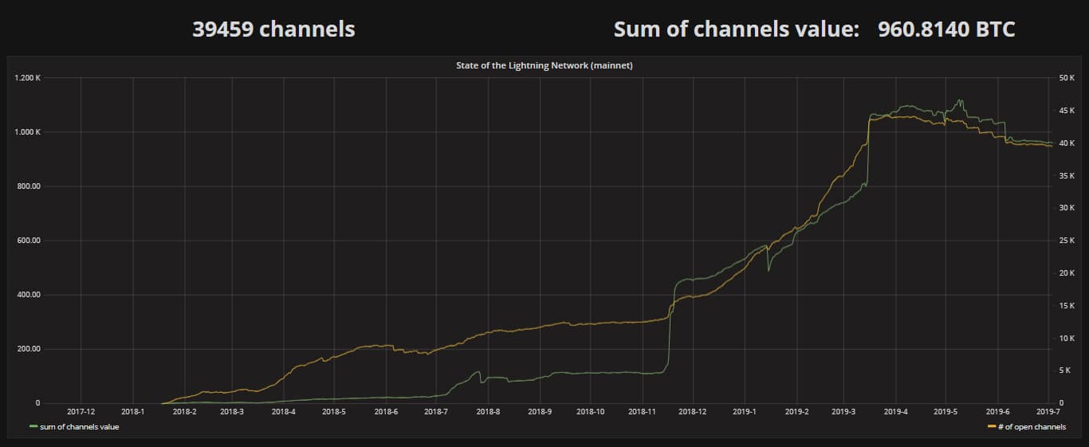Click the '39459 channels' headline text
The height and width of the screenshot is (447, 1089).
click(x=273, y=29)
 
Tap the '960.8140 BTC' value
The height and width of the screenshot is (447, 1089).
click(x=946, y=29)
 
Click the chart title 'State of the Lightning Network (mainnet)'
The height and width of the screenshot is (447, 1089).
click(x=544, y=65)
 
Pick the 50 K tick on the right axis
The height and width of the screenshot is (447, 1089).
click(x=1067, y=78)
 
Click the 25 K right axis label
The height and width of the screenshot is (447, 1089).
click(x=1067, y=241)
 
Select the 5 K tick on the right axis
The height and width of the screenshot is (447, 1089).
click(x=1065, y=371)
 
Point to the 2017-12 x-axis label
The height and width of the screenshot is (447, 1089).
click(x=81, y=412)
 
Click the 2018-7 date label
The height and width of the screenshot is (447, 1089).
click(x=436, y=412)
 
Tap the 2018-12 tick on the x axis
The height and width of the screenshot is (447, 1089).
click(x=692, y=412)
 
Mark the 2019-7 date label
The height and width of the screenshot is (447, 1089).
click(x=1048, y=412)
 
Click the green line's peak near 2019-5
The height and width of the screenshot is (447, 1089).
click(x=960, y=100)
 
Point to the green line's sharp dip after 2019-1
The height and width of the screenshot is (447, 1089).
click(x=769, y=270)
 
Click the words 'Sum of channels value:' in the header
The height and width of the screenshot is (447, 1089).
click(x=736, y=29)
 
